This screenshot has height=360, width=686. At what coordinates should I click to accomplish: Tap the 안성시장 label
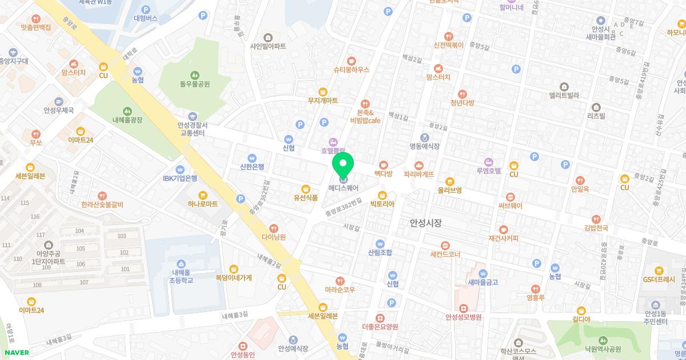pos(426,223)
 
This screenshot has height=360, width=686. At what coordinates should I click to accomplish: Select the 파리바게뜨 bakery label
pos(418,174)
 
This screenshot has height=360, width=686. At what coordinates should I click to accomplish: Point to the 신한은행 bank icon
pos(252,158)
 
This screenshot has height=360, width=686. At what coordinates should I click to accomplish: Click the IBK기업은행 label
pos(180,178)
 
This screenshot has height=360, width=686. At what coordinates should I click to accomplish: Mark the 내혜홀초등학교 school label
pos(181,276)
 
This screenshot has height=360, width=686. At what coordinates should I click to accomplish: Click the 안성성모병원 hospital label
pos(464,317)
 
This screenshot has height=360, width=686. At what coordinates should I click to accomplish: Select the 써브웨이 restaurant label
pos(510,206)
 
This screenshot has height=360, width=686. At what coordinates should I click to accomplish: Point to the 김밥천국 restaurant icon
pos(596,219)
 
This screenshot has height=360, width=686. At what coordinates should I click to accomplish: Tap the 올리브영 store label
pos(449,190)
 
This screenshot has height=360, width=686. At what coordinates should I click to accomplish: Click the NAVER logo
pos(15,353)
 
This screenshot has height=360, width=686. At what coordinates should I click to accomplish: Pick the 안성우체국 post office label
pos(59,110)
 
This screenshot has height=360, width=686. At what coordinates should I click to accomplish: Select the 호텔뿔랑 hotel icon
pos(333,142)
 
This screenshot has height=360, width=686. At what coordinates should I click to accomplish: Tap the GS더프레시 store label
pos(659,279)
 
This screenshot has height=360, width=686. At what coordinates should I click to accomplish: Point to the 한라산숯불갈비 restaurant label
pos(102,205)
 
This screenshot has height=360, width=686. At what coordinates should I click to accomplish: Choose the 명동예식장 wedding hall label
pos(424,146)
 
